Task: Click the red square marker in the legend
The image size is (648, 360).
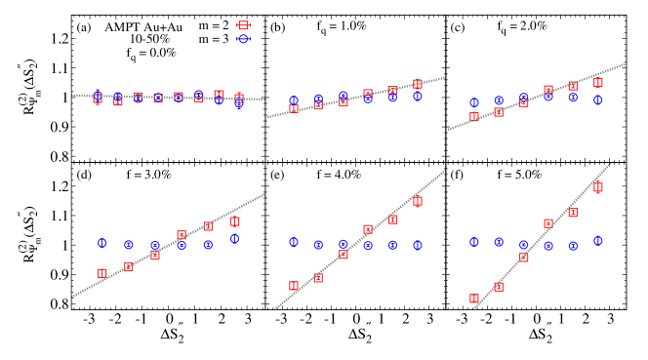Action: click(x=243, y=25)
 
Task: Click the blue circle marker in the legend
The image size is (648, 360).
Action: click(x=243, y=39)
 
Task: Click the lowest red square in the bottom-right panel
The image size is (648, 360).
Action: click(x=474, y=299)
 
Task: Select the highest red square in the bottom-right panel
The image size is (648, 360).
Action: click(x=597, y=187)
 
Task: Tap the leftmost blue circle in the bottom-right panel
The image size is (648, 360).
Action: click(x=474, y=242)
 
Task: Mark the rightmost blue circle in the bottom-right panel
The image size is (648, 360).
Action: click(x=597, y=240)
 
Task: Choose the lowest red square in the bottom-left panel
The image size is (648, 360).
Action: click(x=101, y=273)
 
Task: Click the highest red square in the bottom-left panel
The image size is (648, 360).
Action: click(x=234, y=221)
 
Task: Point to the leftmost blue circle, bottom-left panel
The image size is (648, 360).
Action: click(x=101, y=243)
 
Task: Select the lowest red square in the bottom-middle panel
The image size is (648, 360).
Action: click(x=294, y=286)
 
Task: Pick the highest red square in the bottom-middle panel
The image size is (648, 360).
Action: click(x=418, y=201)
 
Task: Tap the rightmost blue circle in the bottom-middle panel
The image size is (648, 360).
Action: click(x=418, y=246)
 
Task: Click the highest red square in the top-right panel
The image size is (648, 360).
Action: click(x=597, y=82)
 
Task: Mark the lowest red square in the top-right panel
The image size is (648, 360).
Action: click(x=474, y=116)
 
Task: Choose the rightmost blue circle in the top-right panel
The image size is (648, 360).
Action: click(x=597, y=100)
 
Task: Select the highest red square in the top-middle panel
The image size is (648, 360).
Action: click(x=418, y=84)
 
